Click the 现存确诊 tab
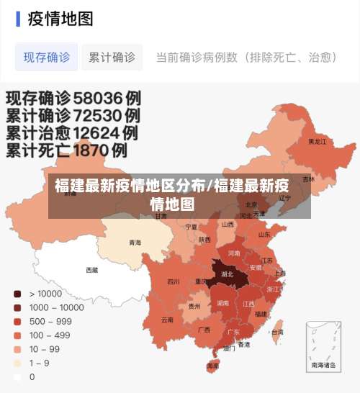47,57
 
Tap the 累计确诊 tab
112,57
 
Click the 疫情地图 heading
60,19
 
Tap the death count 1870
94,150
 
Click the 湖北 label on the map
226,274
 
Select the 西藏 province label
92,270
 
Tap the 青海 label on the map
135,243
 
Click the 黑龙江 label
317,142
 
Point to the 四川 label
174,281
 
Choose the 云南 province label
167,319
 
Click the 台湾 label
276,332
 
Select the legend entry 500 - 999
50,321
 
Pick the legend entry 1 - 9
40,363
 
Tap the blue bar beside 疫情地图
18,19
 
